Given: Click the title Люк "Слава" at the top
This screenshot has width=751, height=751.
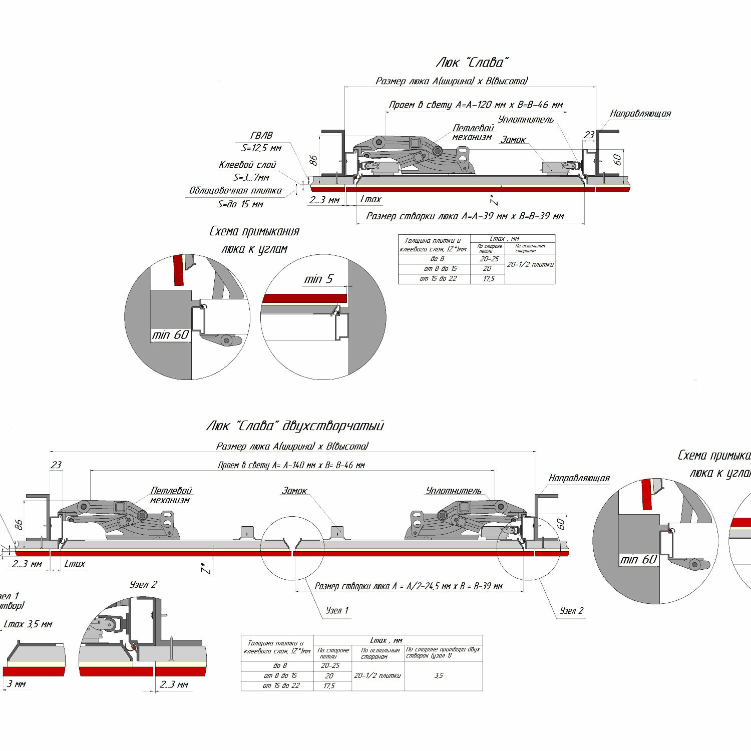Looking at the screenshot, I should (x=472, y=63).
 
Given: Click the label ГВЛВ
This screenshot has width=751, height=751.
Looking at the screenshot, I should (x=261, y=135).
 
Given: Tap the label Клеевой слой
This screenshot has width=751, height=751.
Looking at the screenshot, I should (x=247, y=165).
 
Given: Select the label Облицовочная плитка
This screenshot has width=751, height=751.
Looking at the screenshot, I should (x=235, y=191).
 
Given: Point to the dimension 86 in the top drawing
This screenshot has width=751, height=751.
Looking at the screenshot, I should (x=313, y=160).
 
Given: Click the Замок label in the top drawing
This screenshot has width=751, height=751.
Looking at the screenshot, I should (x=513, y=140).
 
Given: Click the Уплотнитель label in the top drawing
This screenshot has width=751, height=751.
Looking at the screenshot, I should (x=526, y=119).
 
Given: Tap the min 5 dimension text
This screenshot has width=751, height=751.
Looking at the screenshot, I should (x=318, y=279).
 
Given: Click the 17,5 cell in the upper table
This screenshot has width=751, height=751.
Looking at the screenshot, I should (x=488, y=279).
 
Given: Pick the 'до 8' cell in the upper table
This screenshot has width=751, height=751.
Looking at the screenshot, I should (x=437, y=259).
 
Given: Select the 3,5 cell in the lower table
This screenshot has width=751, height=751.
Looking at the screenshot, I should (x=439, y=675).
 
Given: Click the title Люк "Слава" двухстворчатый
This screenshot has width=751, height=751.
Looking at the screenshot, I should (x=295, y=426).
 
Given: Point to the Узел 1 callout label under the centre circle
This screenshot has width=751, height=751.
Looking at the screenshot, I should (x=337, y=610).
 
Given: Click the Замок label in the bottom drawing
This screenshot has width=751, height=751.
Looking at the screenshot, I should (x=294, y=491).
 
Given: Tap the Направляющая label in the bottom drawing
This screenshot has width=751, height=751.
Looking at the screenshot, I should (x=579, y=478).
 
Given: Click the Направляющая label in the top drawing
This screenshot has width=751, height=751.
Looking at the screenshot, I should (x=640, y=114).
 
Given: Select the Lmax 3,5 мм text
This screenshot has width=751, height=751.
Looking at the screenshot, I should (x=28, y=624).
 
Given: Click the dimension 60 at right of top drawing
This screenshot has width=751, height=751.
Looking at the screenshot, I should (x=617, y=160).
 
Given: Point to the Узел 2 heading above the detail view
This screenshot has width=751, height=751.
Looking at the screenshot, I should (x=143, y=584).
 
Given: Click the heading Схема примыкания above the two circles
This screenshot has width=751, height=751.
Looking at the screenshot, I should (x=254, y=231).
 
